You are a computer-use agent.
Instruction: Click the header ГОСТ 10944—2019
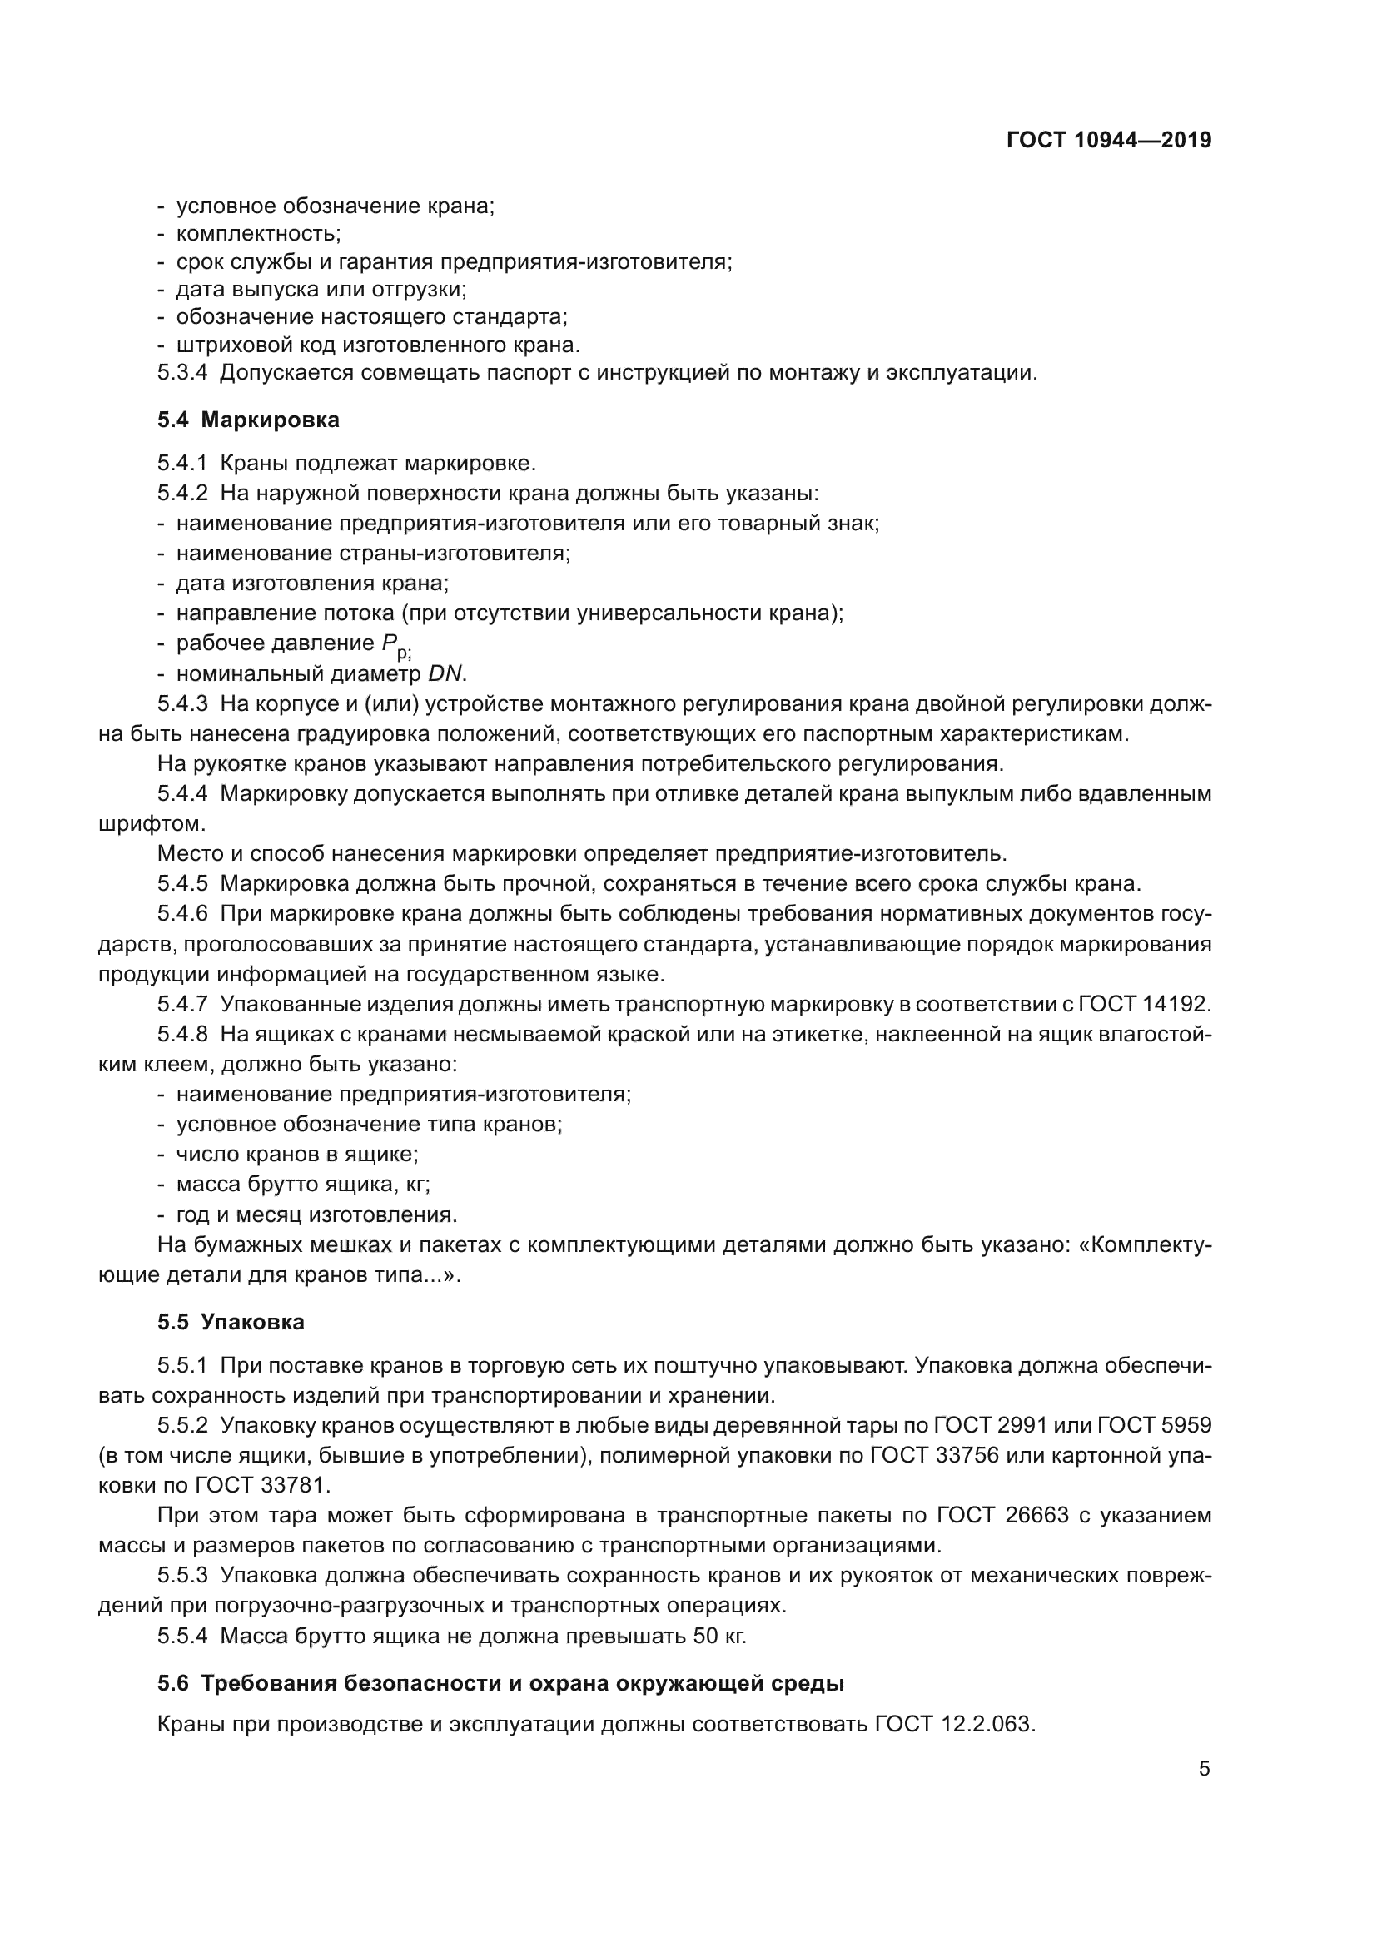point(1108,141)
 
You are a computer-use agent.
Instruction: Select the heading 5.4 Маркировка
point(248,420)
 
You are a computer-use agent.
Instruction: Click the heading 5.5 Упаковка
point(231,1322)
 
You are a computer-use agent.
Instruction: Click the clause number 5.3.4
point(182,372)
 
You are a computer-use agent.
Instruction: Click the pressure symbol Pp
point(392,644)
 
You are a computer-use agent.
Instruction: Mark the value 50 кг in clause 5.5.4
point(719,1636)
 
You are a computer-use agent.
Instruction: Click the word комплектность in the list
point(258,233)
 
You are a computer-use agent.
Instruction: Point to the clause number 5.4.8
point(182,1035)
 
